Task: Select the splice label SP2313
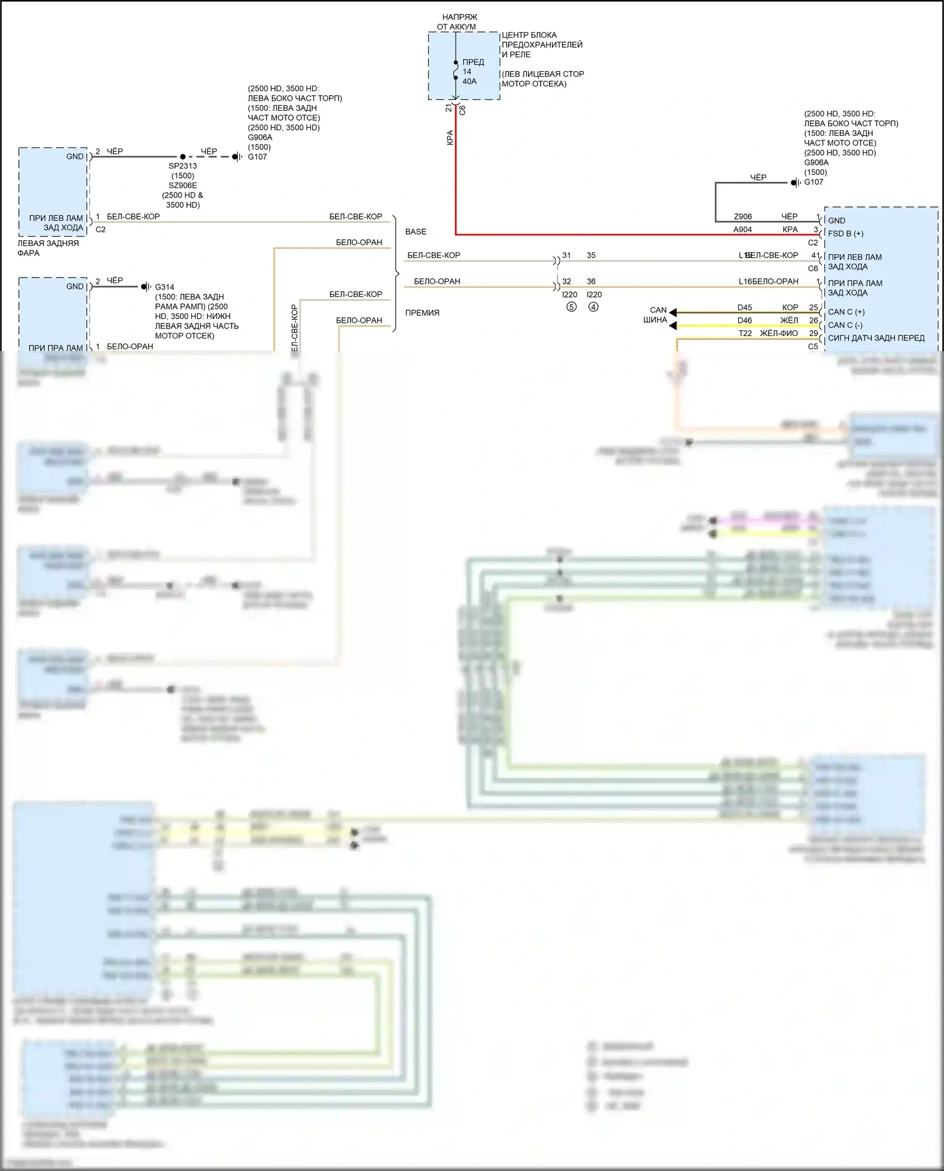[x=183, y=166]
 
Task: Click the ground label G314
[x=164, y=287]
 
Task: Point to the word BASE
[x=415, y=232]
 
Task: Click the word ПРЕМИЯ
[x=422, y=313]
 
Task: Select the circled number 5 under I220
[x=571, y=307]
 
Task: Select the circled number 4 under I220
[x=593, y=307]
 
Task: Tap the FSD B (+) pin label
[x=845, y=233]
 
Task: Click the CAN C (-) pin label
[x=845, y=325]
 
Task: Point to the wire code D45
[x=745, y=308]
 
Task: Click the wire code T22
[x=745, y=333]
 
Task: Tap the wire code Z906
[x=743, y=216]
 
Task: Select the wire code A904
[x=743, y=230]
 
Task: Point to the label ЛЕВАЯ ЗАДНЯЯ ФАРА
[x=47, y=248]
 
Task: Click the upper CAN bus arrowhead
[x=673, y=312]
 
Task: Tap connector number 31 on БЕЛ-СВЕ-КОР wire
[x=566, y=255]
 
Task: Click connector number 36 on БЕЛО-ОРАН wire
[x=591, y=281]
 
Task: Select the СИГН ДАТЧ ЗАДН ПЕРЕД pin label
[x=876, y=338]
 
